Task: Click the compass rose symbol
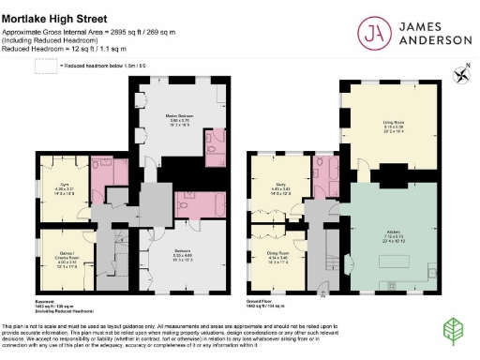point(460,72)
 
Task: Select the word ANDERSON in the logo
point(430,41)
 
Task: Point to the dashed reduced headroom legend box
point(44,66)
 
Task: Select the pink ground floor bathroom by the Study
point(331,176)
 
